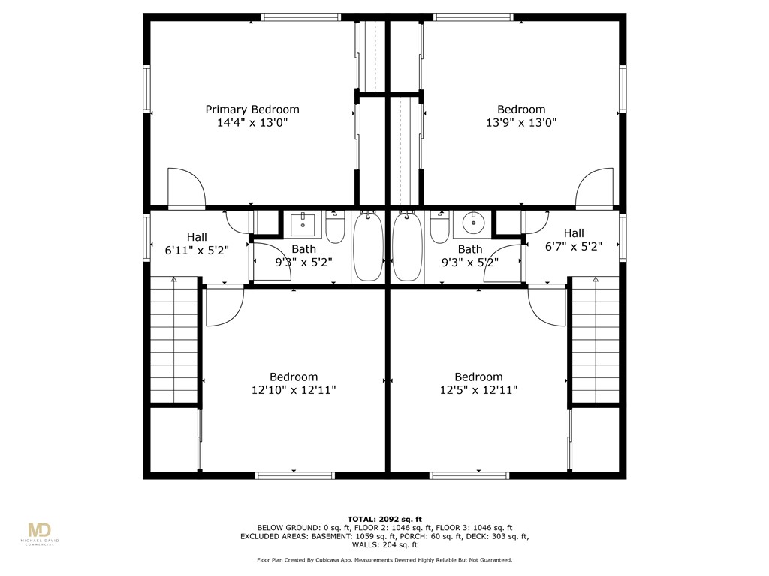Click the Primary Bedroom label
coord(252,109)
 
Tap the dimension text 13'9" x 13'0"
coord(521,122)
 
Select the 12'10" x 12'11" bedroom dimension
coord(294,390)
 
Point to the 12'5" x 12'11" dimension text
coord(478,390)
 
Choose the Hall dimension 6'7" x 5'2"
coord(574,246)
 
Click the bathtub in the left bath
coord(368,247)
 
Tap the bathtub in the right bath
coord(407,247)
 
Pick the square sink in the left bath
coord(303,222)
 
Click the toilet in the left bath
coord(335,227)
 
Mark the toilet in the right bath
coord(439,227)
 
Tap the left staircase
coord(173,341)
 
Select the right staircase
coord(596,341)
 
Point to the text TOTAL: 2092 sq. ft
coord(384,519)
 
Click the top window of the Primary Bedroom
coord(301,17)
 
